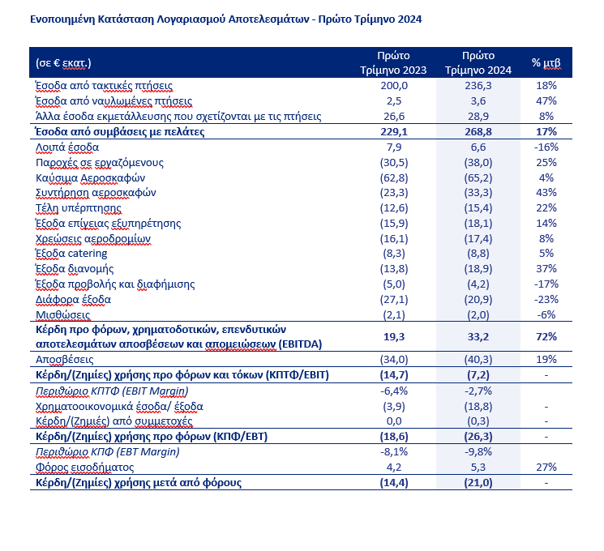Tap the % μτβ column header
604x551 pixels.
(546, 62)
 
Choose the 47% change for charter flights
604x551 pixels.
(546, 100)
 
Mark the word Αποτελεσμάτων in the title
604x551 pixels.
(271, 17)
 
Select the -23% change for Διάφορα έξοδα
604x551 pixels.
(546, 299)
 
